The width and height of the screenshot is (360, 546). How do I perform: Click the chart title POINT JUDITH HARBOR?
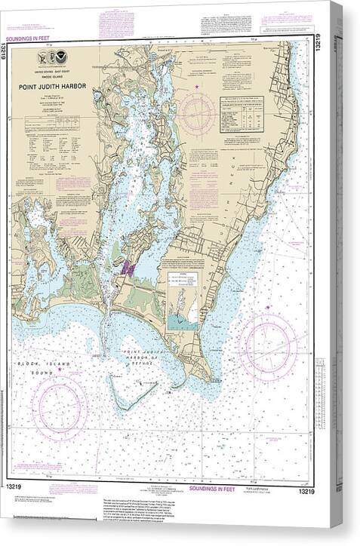point(57,84)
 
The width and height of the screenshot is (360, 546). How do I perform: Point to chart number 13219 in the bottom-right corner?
point(306,492)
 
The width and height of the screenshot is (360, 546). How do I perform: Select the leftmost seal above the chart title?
point(41,57)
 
